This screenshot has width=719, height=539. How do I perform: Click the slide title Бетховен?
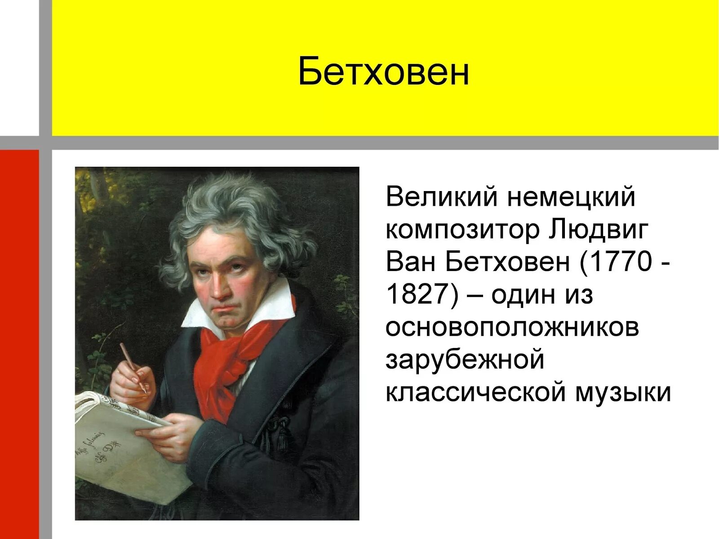[383, 72]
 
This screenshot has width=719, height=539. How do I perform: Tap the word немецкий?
[571, 197]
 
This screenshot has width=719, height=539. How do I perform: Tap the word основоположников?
[512, 327]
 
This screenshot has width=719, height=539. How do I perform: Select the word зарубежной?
[465, 360]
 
